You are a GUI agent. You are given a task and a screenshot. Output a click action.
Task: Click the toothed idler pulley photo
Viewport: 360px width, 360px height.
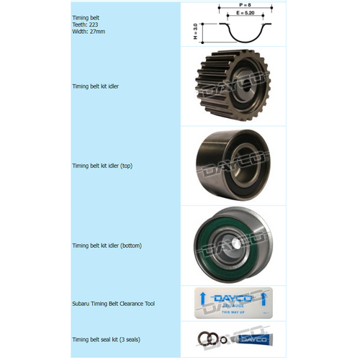[x=233, y=86]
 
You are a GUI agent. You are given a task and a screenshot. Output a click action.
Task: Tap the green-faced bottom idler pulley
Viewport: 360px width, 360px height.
[x=231, y=246]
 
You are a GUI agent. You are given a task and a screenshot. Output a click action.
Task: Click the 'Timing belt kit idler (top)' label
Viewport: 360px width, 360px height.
[x=102, y=166]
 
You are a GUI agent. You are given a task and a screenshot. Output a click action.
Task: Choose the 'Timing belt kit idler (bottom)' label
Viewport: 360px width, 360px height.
[x=107, y=246]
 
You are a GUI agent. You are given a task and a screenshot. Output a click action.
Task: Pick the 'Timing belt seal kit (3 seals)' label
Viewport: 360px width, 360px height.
[x=107, y=338]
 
